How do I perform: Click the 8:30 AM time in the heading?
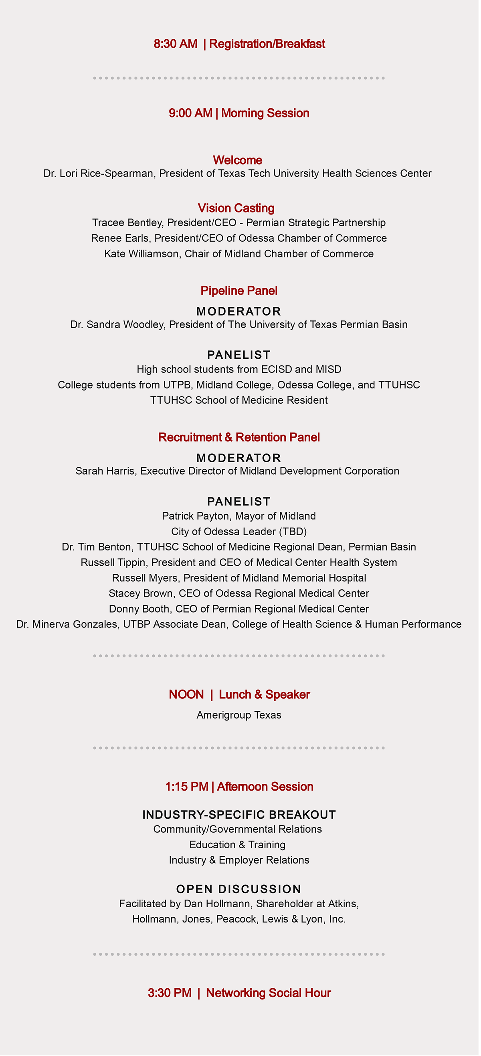[176, 44]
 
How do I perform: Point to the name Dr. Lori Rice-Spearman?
[99, 174]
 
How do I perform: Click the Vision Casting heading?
[236, 208]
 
